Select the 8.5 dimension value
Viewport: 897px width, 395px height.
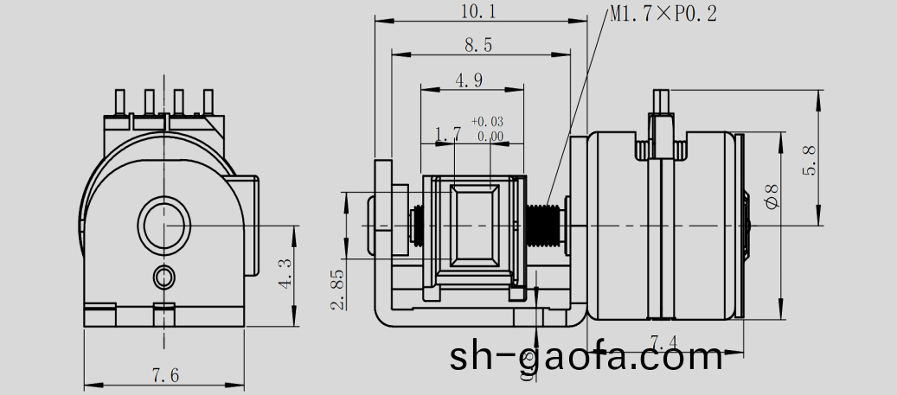click(x=477, y=46)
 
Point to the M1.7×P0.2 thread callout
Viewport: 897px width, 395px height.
click(x=663, y=14)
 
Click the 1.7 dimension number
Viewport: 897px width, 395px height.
click(x=447, y=134)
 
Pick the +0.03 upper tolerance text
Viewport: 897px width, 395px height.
click(x=487, y=122)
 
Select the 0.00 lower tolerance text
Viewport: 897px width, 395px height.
click(x=490, y=136)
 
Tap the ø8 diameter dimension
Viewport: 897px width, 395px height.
click(x=772, y=195)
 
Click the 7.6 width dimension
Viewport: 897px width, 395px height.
click(x=165, y=375)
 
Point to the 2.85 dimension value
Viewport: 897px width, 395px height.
click(x=338, y=289)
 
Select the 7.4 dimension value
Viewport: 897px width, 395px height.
click(x=663, y=341)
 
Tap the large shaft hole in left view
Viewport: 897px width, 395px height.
click(x=162, y=226)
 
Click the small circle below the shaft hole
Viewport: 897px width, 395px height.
click(x=163, y=277)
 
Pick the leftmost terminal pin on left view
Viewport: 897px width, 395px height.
click(x=121, y=102)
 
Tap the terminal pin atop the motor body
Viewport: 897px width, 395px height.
click(x=663, y=108)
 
